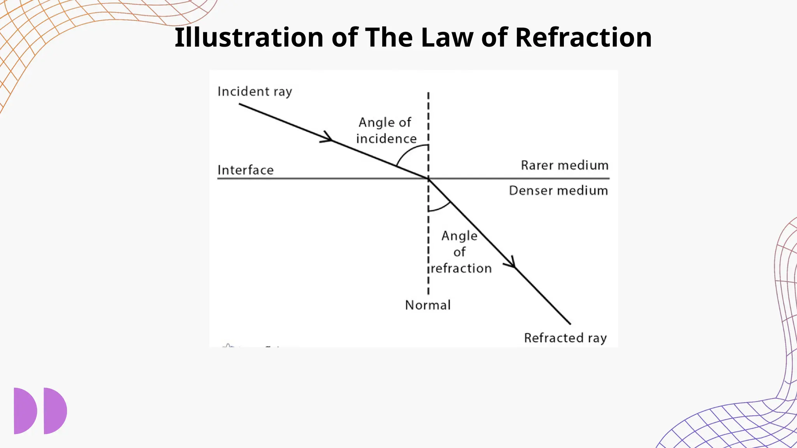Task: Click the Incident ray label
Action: pos(255,92)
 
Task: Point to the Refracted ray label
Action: pos(565,338)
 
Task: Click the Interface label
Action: pos(246,170)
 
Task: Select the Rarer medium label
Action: pos(564,166)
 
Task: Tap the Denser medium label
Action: pos(558,191)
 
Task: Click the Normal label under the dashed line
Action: pos(428,305)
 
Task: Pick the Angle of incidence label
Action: pos(386,131)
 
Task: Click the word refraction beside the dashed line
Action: pos(462,268)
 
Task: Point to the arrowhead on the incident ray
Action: pos(328,138)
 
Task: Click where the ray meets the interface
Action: pos(428,178)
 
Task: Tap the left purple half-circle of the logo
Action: pos(24,411)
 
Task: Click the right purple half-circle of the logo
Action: pos(54,411)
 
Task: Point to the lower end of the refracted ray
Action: pos(570,323)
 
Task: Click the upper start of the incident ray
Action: pos(240,104)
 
